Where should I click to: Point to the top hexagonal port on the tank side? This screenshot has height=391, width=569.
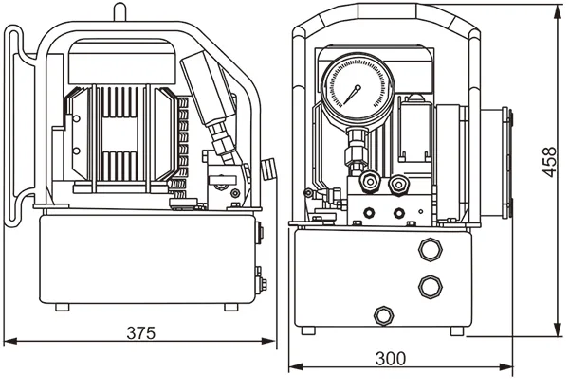click(430, 251)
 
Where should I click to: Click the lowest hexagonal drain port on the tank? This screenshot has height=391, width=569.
click(384, 314)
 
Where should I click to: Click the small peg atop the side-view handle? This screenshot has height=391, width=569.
click(119, 11)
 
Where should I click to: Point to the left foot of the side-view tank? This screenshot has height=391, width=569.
click(63, 306)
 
